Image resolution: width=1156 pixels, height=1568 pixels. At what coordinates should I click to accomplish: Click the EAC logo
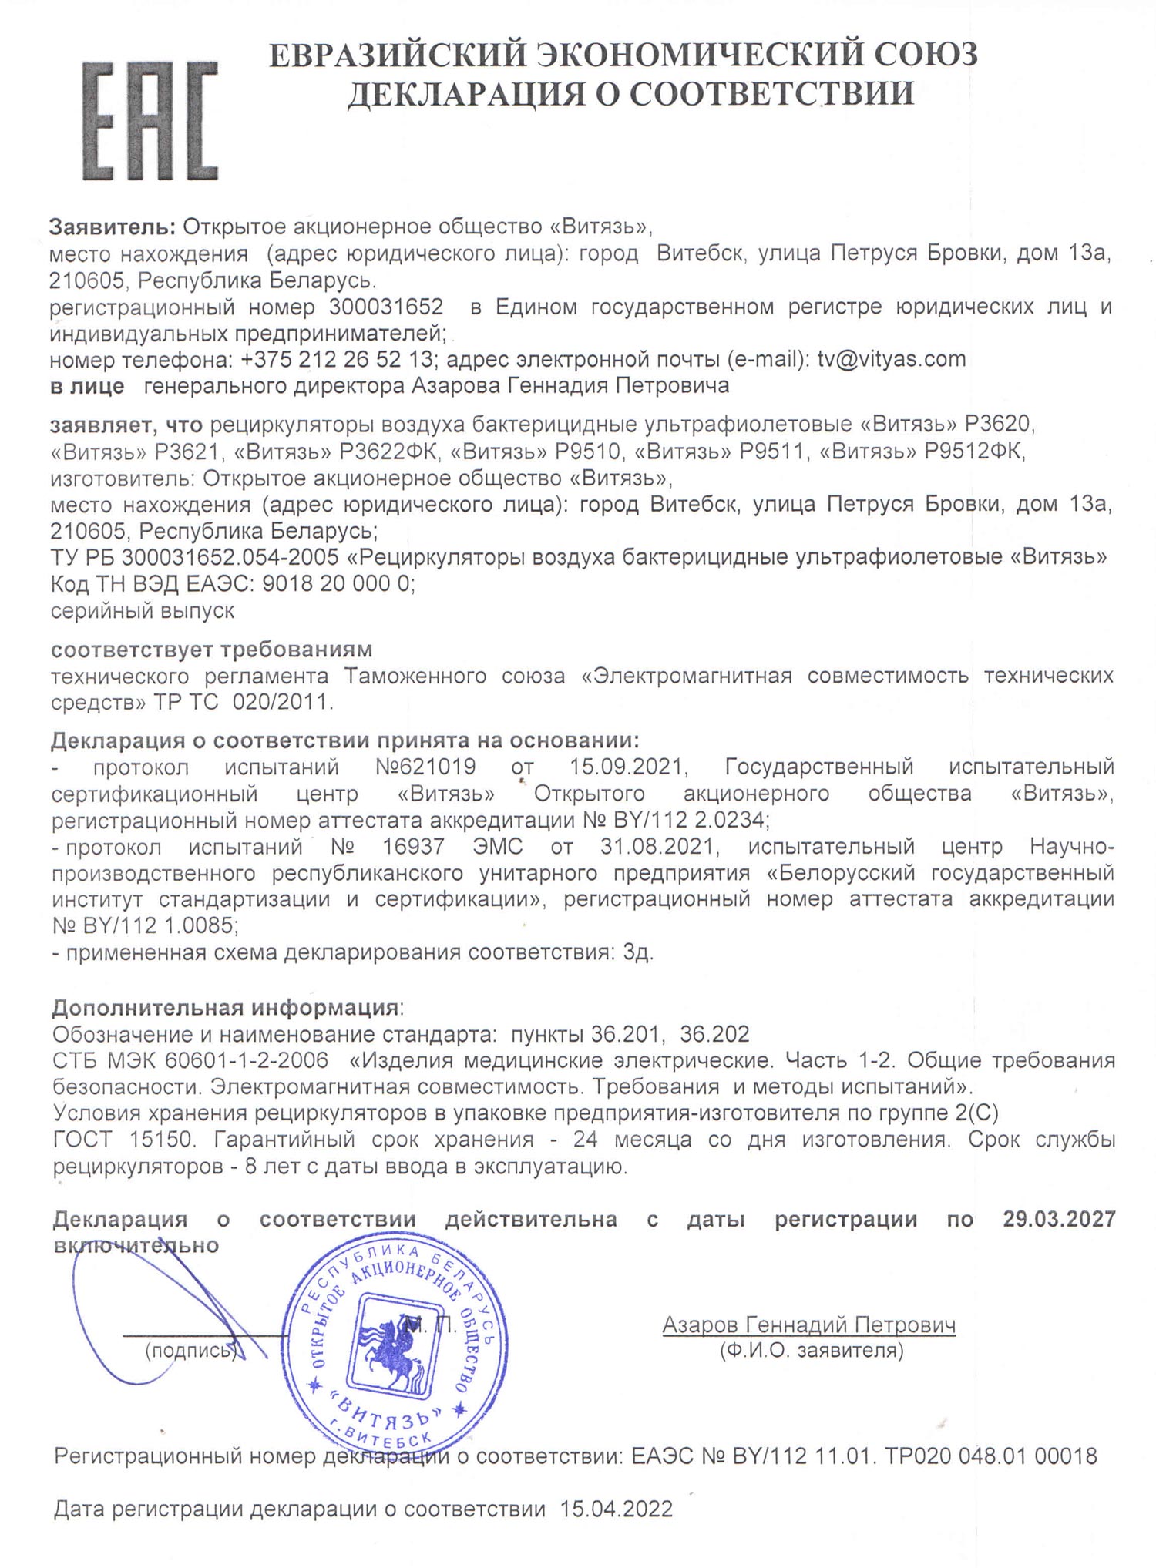point(151,123)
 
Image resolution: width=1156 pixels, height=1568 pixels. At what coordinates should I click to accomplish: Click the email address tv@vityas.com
point(892,359)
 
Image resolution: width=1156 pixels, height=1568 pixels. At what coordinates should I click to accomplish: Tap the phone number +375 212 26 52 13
point(336,359)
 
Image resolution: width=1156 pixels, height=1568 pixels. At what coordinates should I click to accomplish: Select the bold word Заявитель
point(113,227)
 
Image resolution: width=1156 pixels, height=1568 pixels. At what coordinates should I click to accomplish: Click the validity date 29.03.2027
point(1059,1219)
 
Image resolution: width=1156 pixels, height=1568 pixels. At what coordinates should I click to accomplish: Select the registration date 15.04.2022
point(612,1509)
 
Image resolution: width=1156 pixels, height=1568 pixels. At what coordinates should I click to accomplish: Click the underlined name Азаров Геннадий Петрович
point(809,1325)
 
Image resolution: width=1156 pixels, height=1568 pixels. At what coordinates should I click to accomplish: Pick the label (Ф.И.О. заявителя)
point(811,1350)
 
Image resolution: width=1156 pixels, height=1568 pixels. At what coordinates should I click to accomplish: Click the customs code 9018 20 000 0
point(337,584)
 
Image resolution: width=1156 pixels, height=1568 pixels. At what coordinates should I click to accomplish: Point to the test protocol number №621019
point(425,767)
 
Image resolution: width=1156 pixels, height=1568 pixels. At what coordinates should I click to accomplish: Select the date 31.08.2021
point(659,847)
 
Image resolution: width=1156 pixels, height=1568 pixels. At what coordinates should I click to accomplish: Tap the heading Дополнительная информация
point(225,1007)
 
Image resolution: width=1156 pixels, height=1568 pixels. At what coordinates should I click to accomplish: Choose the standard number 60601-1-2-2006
point(247,1060)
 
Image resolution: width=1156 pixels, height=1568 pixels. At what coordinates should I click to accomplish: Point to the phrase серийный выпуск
point(143,611)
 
